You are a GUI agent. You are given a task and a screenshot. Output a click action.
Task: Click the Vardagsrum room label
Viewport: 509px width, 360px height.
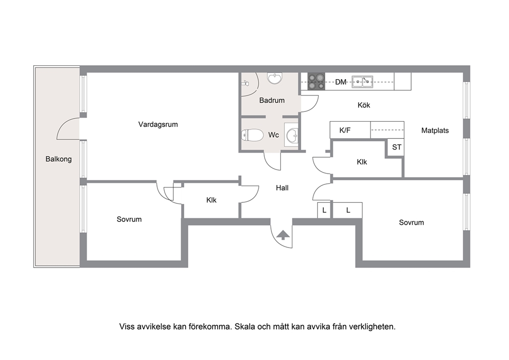(158, 124)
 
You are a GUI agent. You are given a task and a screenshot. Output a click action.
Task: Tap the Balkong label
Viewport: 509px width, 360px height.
(58, 159)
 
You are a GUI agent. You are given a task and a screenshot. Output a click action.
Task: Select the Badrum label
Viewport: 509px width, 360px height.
(272, 100)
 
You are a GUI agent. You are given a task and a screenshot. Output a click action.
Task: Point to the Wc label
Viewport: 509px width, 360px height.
(273, 135)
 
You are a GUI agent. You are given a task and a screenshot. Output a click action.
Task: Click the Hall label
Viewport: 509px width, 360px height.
(282, 188)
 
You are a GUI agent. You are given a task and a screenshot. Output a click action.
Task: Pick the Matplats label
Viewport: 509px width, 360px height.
(435, 130)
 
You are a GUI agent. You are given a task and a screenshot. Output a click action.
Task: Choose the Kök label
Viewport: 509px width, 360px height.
(364, 105)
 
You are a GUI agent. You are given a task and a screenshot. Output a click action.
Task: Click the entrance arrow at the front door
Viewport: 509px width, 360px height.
(283, 235)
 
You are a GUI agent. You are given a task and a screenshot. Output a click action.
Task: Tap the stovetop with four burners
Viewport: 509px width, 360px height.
(316, 82)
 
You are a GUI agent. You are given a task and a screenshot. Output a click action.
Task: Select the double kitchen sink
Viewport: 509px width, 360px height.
(363, 81)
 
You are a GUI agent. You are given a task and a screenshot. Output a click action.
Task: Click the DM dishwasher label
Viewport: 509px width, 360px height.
(341, 82)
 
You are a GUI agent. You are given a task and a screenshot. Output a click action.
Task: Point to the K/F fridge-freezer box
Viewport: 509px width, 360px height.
(350, 130)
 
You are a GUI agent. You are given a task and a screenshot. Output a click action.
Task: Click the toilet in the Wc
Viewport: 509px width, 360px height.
(252, 135)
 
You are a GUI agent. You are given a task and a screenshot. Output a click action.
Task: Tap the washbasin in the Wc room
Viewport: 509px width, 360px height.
(291, 135)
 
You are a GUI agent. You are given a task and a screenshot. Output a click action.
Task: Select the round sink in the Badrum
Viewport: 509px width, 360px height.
(275, 78)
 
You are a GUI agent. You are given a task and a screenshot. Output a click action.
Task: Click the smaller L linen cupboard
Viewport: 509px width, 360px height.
(324, 210)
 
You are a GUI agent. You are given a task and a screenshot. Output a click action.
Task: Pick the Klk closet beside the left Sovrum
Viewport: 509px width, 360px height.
(211, 200)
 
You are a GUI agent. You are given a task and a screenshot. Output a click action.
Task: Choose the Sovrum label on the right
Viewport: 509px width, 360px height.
(412, 222)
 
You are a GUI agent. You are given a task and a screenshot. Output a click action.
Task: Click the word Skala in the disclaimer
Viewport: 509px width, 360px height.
(245, 327)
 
